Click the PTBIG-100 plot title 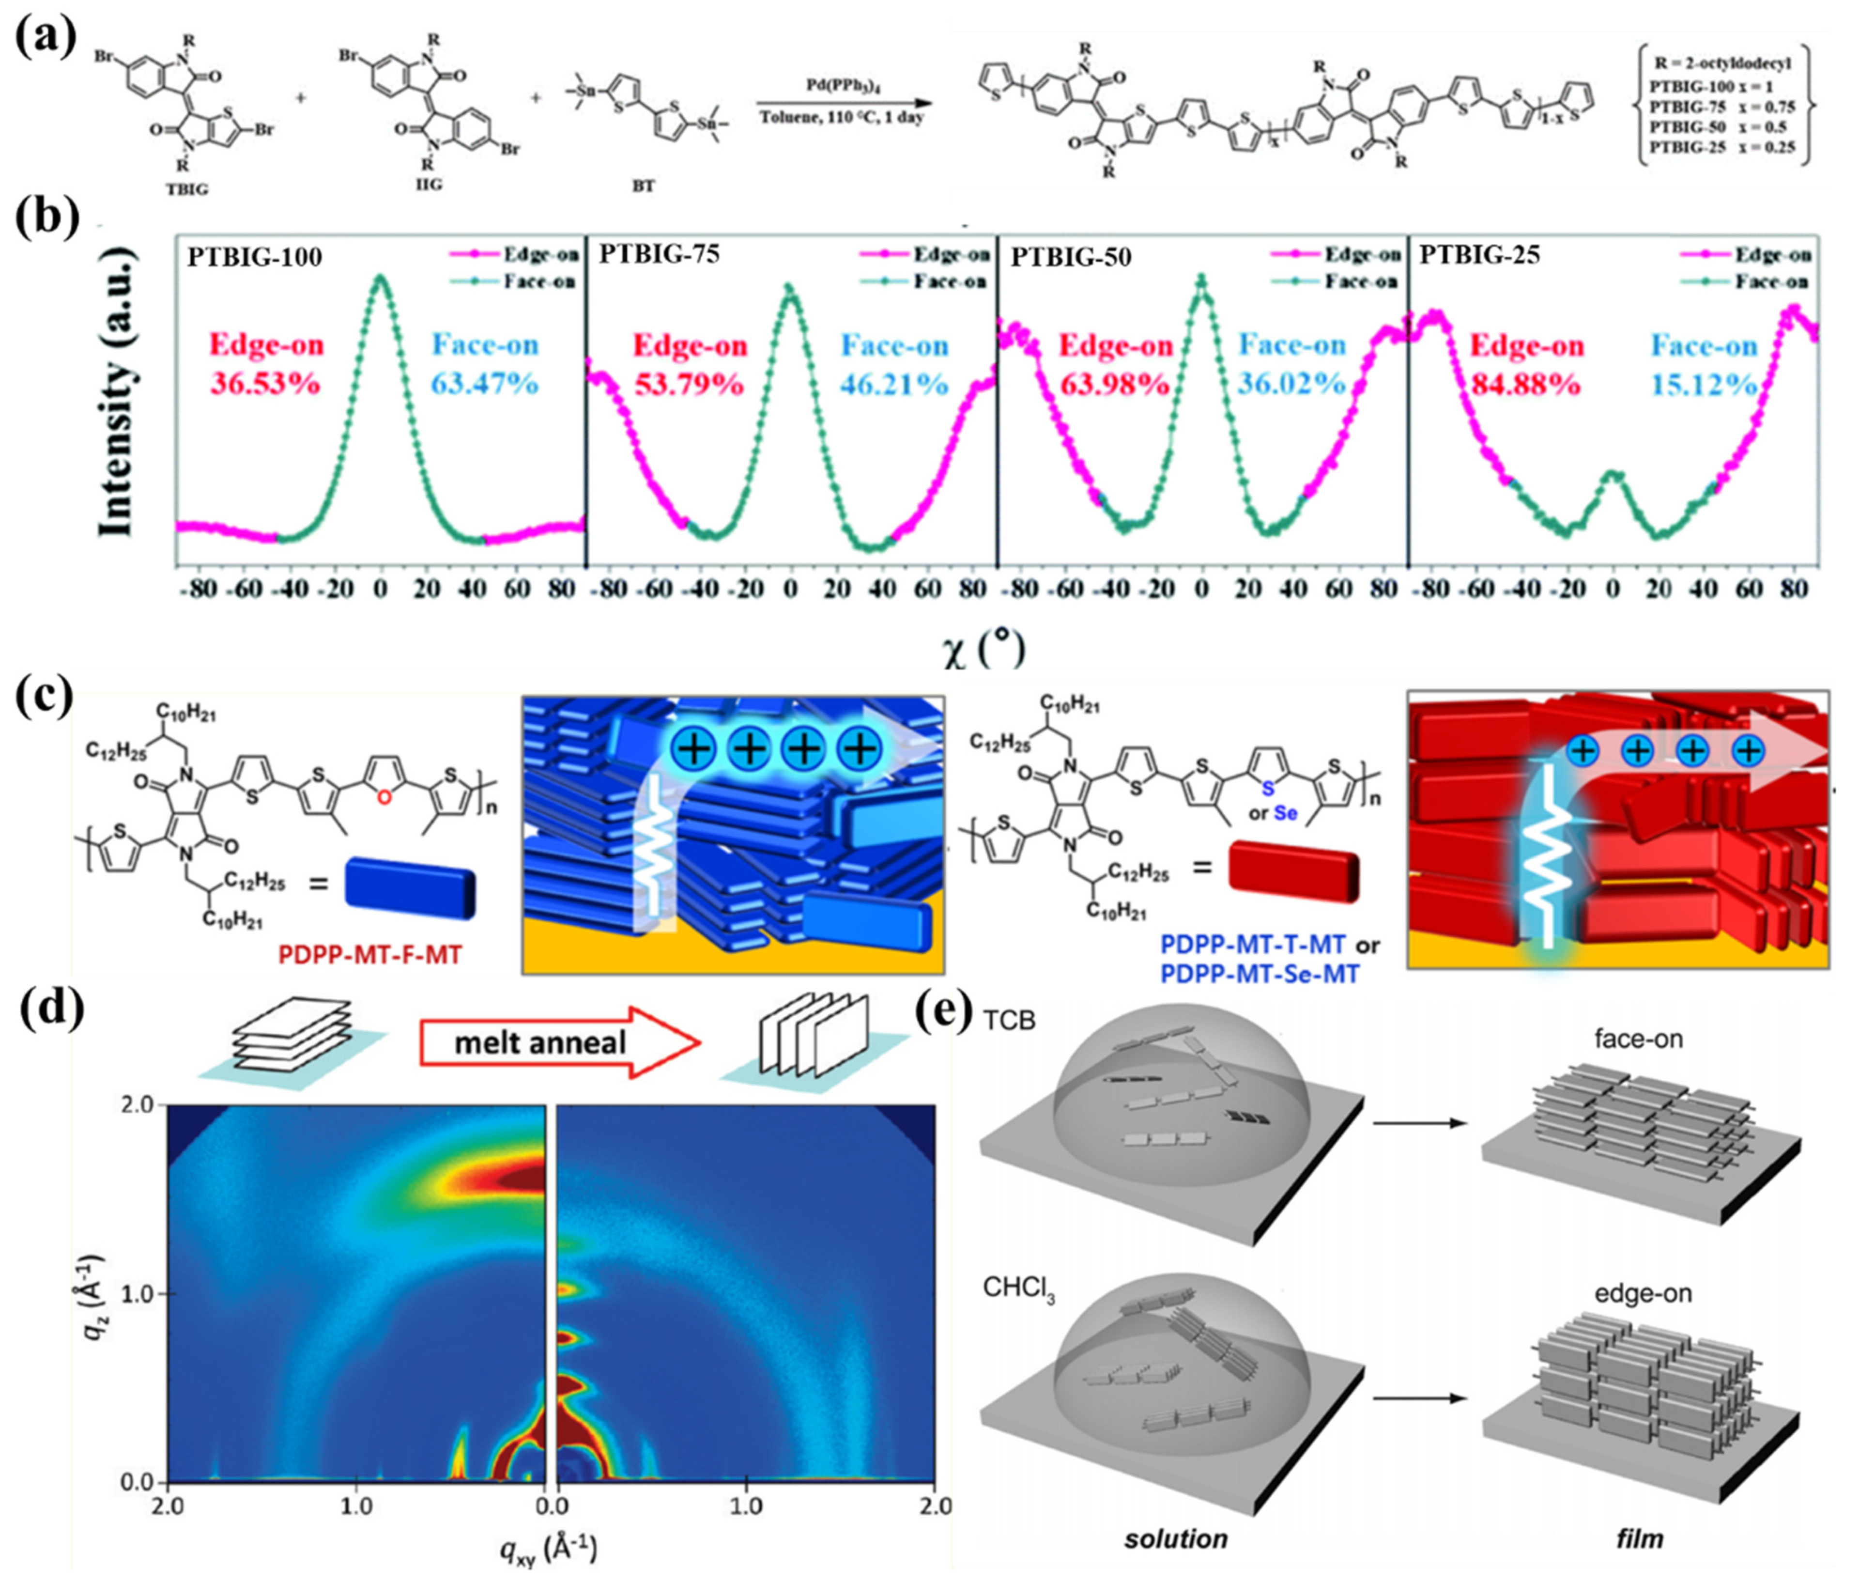(x=255, y=258)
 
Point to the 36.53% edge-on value (x=265, y=384)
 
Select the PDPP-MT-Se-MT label (x=1260, y=973)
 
